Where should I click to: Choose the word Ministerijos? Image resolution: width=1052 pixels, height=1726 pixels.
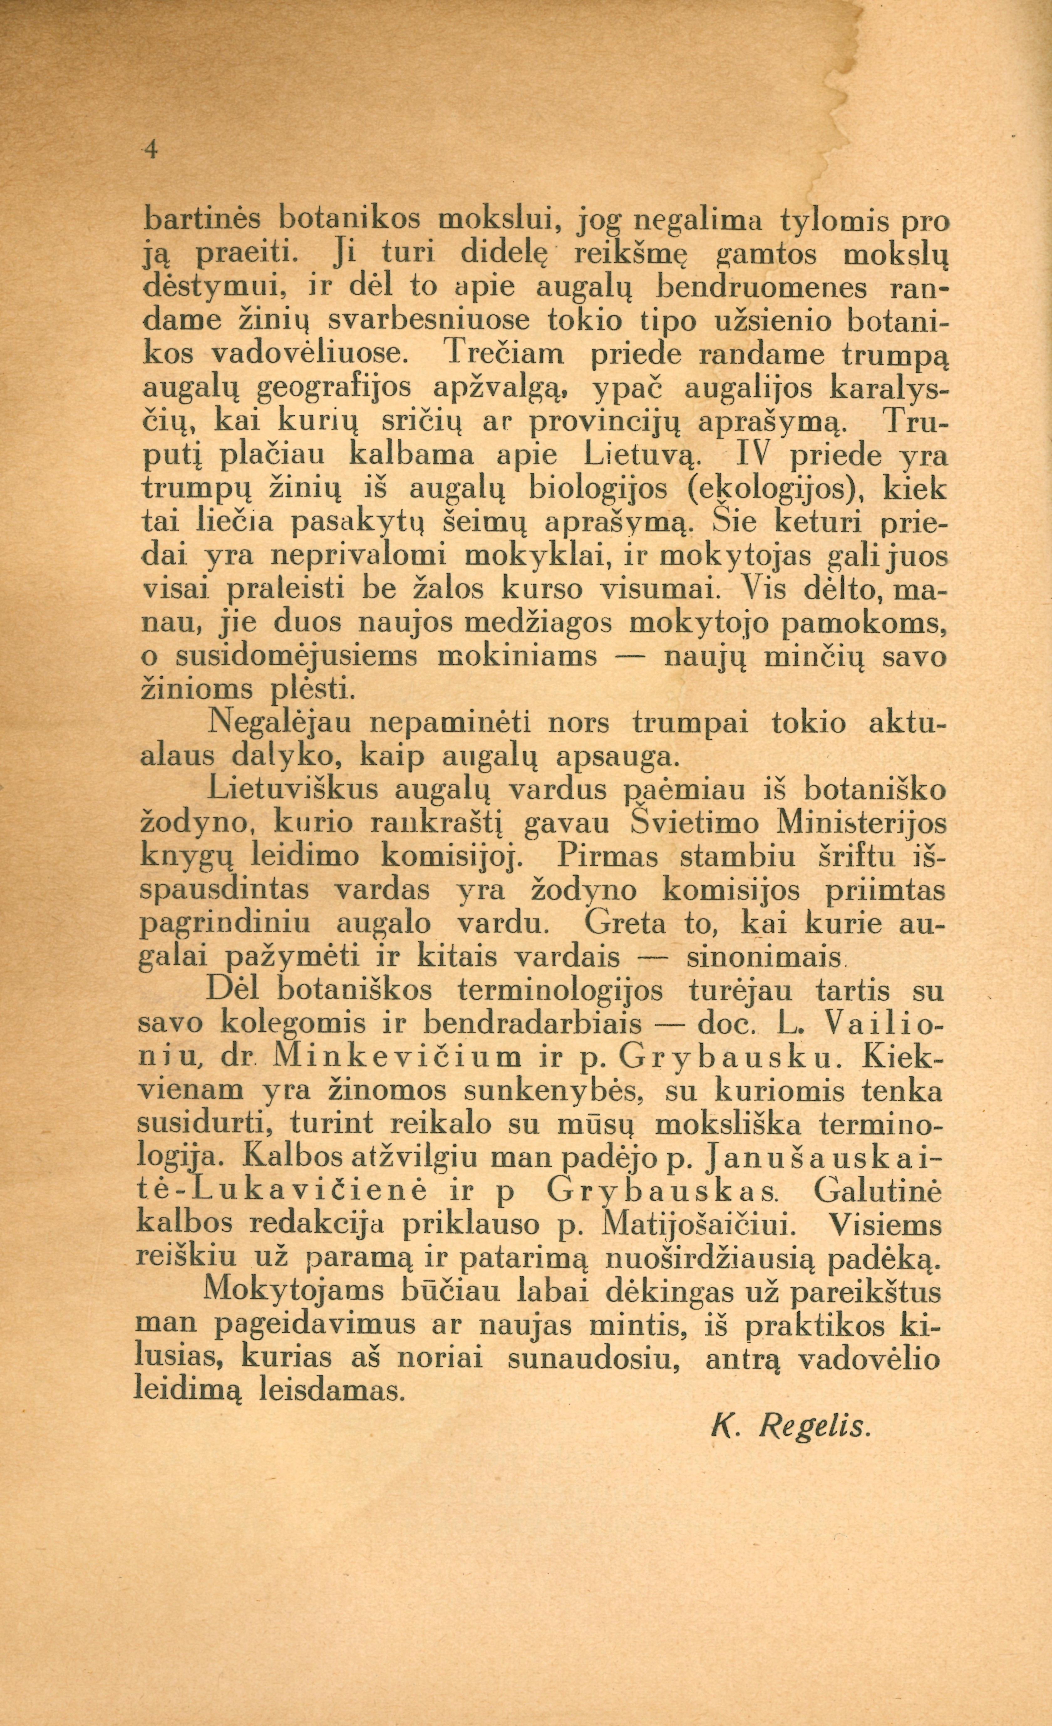856,823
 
